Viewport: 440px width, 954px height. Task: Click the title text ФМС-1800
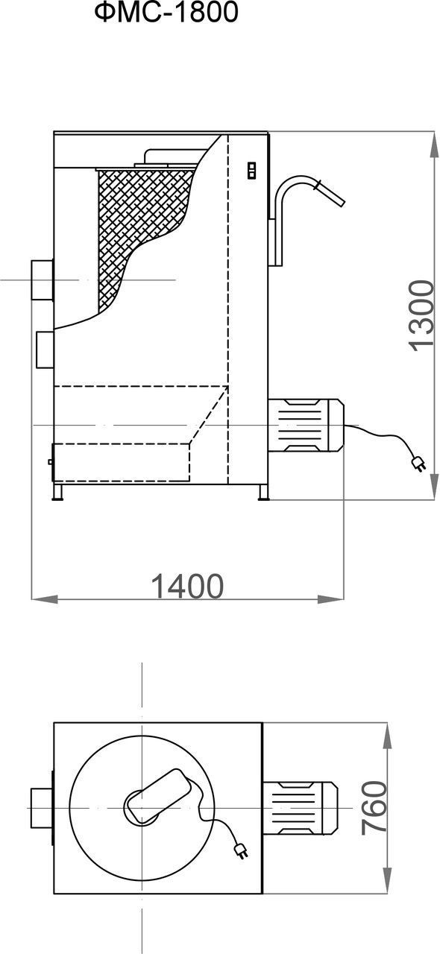coord(166,13)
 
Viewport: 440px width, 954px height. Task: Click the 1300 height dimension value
coord(421,315)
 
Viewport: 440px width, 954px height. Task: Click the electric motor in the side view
coord(306,426)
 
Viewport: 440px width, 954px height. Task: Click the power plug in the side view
coord(418,464)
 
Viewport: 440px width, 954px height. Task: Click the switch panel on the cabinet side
coord(251,170)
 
